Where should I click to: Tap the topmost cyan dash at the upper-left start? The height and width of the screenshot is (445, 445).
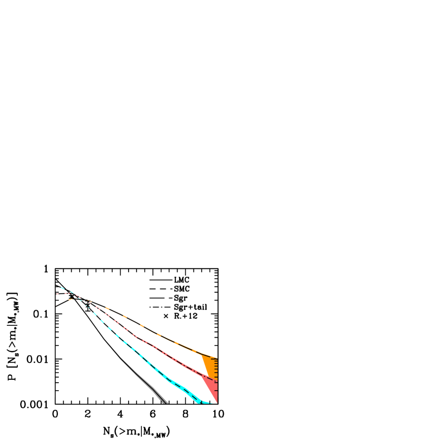[x=62, y=288]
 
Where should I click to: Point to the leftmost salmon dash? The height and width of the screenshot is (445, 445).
[x=57, y=294]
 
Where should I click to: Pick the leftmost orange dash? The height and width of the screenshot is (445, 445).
[x=70, y=299]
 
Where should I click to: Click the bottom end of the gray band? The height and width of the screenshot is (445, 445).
[x=165, y=402]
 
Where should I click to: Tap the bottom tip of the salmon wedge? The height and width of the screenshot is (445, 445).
[x=217, y=402]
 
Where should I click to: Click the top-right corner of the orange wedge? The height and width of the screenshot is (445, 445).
[x=217, y=358]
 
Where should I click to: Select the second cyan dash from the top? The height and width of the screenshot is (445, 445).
[x=72, y=292]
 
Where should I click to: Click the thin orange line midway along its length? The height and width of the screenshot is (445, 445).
[x=158, y=335]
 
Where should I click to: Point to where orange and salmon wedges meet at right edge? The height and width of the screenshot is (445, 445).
[x=217, y=380]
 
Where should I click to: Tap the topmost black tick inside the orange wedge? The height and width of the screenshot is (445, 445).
[x=214, y=359]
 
